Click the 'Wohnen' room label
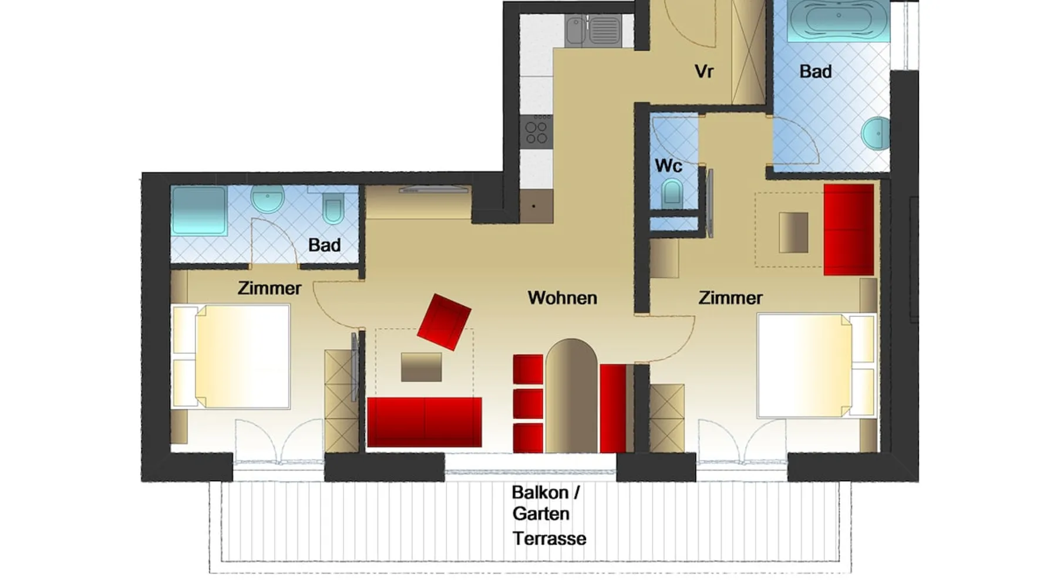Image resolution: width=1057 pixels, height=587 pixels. [x=562, y=298]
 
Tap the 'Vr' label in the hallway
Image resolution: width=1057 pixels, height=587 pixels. [x=703, y=72]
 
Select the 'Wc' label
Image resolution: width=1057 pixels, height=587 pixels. [x=668, y=166]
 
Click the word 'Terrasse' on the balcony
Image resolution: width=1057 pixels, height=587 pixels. [x=549, y=538]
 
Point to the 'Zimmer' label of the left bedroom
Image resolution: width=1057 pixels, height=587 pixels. [x=270, y=288]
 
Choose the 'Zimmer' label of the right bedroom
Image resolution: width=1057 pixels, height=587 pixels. [x=731, y=298]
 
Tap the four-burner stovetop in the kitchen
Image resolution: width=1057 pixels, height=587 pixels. [x=536, y=132]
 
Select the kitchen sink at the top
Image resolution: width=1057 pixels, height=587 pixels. [x=593, y=31]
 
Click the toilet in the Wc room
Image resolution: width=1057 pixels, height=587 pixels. [x=672, y=194]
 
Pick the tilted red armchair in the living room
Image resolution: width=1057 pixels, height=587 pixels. [x=444, y=322]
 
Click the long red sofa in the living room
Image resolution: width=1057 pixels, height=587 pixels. [x=425, y=422]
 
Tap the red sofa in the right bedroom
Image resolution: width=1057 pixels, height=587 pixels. [x=849, y=230]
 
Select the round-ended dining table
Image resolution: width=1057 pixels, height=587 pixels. [x=571, y=396]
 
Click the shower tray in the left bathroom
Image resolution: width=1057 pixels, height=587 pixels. [x=199, y=211]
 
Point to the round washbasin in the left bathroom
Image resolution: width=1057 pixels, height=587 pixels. [x=268, y=200]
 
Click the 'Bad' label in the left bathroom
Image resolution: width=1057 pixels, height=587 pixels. [x=324, y=245]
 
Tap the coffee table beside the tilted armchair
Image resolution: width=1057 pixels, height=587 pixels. [x=422, y=367]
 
